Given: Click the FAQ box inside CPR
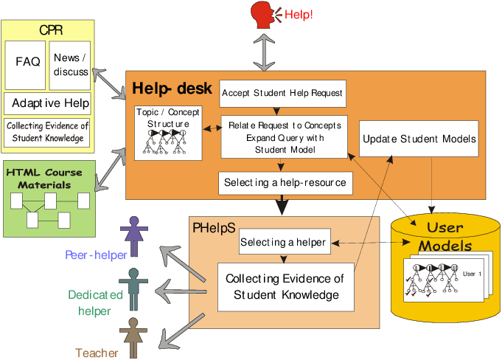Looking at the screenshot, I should pyautogui.click(x=27, y=63).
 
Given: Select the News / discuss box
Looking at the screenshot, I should pyautogui.click(x=71, y=64).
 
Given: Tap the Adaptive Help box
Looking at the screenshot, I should pyautogui.click(x=50, y=103).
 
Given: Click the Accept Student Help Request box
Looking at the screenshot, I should pyautogui.click(x=282, y=94).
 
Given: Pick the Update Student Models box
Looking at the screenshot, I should pyautogui.click(x=419, y=139).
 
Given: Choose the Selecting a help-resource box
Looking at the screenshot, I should pyautogui.click(x=284, y=182).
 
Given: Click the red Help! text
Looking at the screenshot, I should pyautogui.click(x=299, y=14).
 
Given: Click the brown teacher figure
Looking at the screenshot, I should pyautogui.click(x=133, y=335).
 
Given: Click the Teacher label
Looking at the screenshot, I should pyautogui.click(x=97, y=353).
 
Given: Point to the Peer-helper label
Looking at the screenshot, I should pyautogui.click(x=96, y=255).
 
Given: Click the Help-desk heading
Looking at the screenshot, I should pyautogui.click(x=162, y=89).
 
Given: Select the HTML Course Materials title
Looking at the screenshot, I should pyautogui.click(x=43, y=178).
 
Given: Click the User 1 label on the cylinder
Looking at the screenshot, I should pyautogui.click(x=472, y=274).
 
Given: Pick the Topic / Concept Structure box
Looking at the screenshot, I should pyautogui.click(x=167, y=133).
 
